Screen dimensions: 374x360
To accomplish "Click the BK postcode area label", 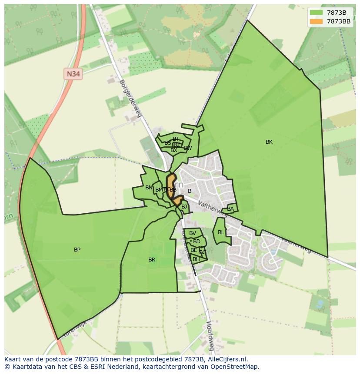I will pyautogui.click(x=269, y=142).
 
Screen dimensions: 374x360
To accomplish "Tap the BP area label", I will pyautogui.click(x=77, y=250).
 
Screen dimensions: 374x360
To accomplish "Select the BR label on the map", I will pyautogui.click(x=151, y=260).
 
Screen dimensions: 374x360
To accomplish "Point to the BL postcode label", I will pyautogui.click(x=221, y=232).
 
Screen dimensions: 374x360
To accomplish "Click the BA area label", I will pyautogui.click(x=230, y=209).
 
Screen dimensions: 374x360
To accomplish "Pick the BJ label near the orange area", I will pyautogui.click(x=184, y=207).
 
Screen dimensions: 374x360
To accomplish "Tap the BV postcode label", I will pyautogui.click(x=192, y=233).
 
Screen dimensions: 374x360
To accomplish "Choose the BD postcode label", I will pyautogui.click(x=197, y=242).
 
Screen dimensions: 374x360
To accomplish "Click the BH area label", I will pyautogui.click(x=196, y=259).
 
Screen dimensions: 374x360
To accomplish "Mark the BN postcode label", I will pyautogui.click(x=149, y=188).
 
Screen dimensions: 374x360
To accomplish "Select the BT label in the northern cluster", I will pyautogui.click(x=176, y=139).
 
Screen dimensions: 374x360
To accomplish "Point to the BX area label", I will pyautogui.click(x=174, y=150).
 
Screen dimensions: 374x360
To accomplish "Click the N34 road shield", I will pyautogui.click(x=73, y=74).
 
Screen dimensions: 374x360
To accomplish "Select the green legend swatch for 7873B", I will pyautogui.click(x=317, y=13).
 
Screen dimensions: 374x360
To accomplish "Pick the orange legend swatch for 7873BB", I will pyautogui.click(x=317, y=21).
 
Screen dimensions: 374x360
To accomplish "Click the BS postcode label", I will pyautogui.click(x=167, y=143).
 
